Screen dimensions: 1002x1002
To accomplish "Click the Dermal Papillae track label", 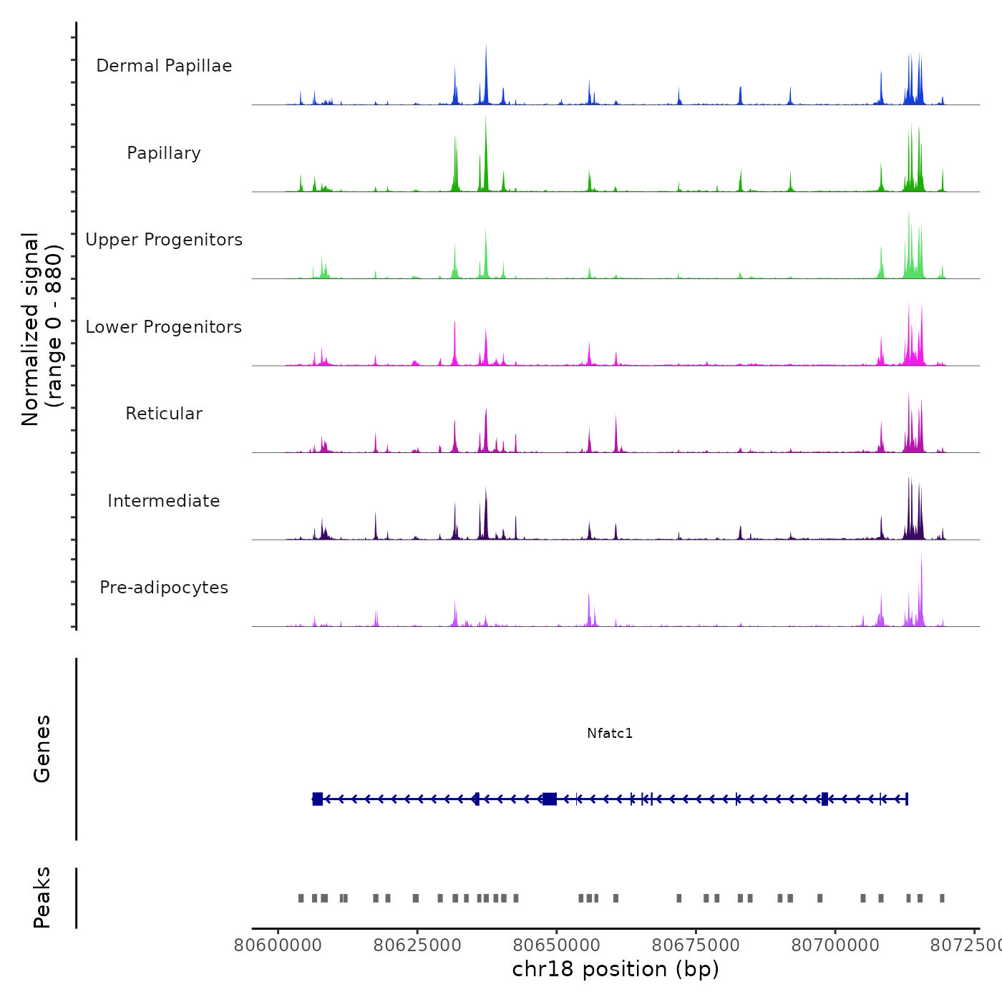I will (x=164, y=66).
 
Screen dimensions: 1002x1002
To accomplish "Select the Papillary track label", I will (x=164, y=153).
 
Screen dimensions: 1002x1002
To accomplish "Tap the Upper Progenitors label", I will (x=164, y=240).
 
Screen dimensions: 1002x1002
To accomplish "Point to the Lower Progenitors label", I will (x=164, y=327).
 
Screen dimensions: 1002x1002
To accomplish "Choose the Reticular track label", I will (x=164, y=414).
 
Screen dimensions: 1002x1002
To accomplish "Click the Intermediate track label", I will (x=164, y=501).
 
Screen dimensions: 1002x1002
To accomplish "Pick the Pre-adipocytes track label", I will (x=164, y=588).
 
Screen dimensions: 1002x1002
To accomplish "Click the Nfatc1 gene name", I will (x=610, y=733).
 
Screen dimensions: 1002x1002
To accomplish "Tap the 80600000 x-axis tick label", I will (x=278, y=945).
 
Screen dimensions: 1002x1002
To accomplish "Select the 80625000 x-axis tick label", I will (x=417, y=945).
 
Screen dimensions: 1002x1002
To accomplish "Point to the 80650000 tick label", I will (x=557, y=945).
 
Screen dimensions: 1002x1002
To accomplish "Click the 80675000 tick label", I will (x=696, y=945).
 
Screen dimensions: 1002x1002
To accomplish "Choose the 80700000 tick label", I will (x=835, y=945).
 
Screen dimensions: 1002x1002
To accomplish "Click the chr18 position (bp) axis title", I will (x=616, y=969).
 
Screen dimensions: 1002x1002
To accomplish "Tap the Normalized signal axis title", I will (x=42, y=329).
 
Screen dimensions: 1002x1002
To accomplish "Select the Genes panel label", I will (x=42, y=749).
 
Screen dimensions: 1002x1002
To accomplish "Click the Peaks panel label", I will (x=42, y=898).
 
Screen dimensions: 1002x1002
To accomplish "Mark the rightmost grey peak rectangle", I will (x=942, y=898).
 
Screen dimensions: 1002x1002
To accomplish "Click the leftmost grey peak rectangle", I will (x=301, y=898).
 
